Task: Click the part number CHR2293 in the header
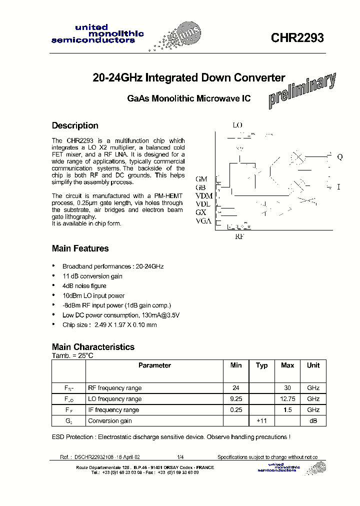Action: [297, 38]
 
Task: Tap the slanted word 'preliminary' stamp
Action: [302, 90]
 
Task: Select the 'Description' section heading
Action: [75, 125]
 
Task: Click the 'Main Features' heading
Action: [80, 248]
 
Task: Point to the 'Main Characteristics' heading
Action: [93, 346]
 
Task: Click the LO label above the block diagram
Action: [237, 125]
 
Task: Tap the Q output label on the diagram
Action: [340, 156]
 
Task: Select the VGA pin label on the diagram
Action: [203, 221]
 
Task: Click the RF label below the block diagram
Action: [239, 236]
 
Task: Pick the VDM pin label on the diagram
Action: [204, 195]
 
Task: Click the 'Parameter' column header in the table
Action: [154, 365]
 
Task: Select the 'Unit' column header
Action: [313, 365]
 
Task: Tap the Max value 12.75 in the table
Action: [287, 399]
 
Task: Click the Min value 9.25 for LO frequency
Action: [236, 399]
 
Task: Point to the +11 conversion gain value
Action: [261, 421]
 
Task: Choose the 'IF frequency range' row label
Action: [113, 410]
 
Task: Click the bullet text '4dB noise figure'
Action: [84, 286]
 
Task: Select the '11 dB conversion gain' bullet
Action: [92, 276]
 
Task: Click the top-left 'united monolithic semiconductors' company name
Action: [97, 33]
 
